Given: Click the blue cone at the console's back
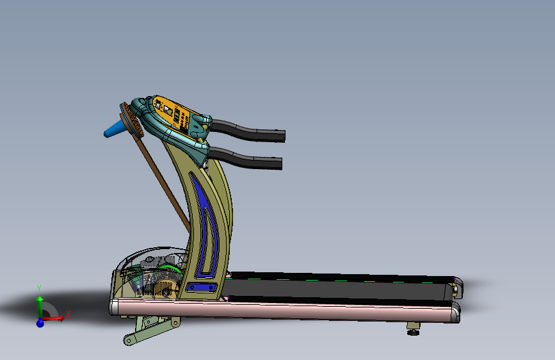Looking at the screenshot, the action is (x=113, y=129).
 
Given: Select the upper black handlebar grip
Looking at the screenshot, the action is (x=248, y=131).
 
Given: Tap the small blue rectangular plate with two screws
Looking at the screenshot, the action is (x=202, y=287).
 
